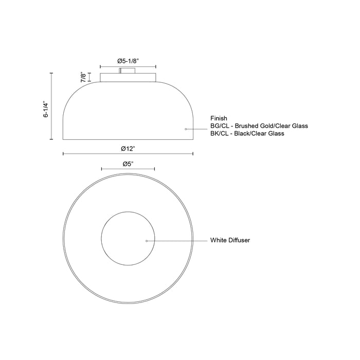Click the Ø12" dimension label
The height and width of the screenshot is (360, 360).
click(x=128, y=148)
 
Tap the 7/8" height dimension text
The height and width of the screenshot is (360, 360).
click(x=83, y=77)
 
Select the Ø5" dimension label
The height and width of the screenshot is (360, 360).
click(x=128, y=164)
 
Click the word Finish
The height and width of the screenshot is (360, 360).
click(x=219, y=118)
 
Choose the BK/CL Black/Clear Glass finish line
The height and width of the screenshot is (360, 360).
click(x=247, y=134)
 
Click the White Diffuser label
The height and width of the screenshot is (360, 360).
click(x=230, y=240)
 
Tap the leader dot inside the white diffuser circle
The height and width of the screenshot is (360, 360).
click(x=147, y=240)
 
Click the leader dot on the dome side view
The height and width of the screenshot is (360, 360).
click(x=186, y=129)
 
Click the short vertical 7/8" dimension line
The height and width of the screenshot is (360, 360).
click(x=91, y=77)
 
